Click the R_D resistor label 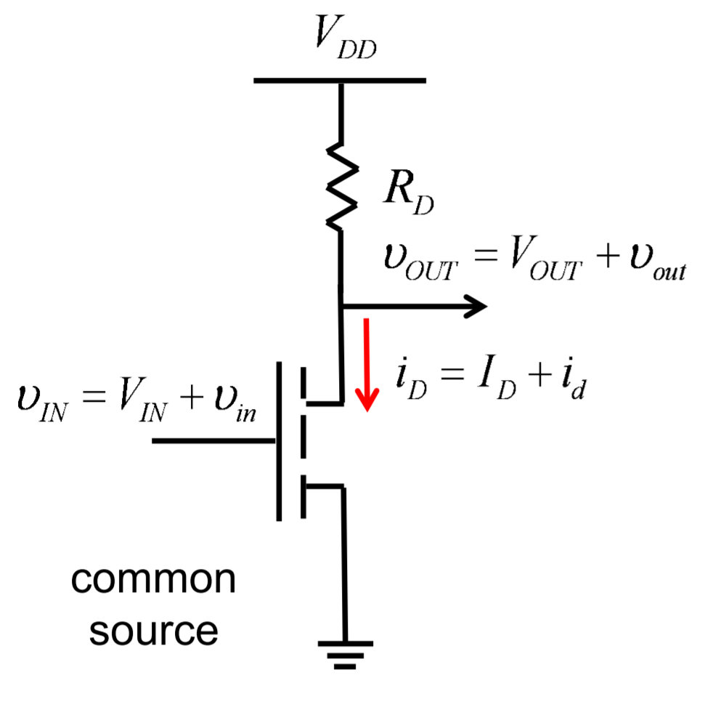(x=407, y=195)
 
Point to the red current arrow (x=367, y=363)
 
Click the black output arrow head (x=475, y=307)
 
